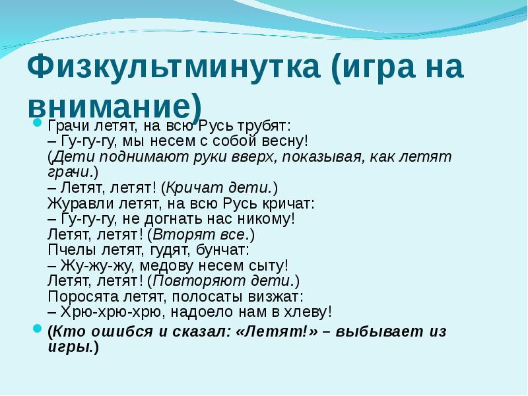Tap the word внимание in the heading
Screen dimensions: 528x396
click(x=110, y=107)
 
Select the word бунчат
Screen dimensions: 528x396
click(x=222, y=250)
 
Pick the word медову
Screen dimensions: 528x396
click(x=166, y=266)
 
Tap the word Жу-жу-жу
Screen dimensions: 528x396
click(x=96, y=266)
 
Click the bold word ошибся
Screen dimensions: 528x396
click(x=122, y=332)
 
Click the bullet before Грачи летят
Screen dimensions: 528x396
click(x=38, y=123)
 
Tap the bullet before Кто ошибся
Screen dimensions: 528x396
click(x=38, y=328)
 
